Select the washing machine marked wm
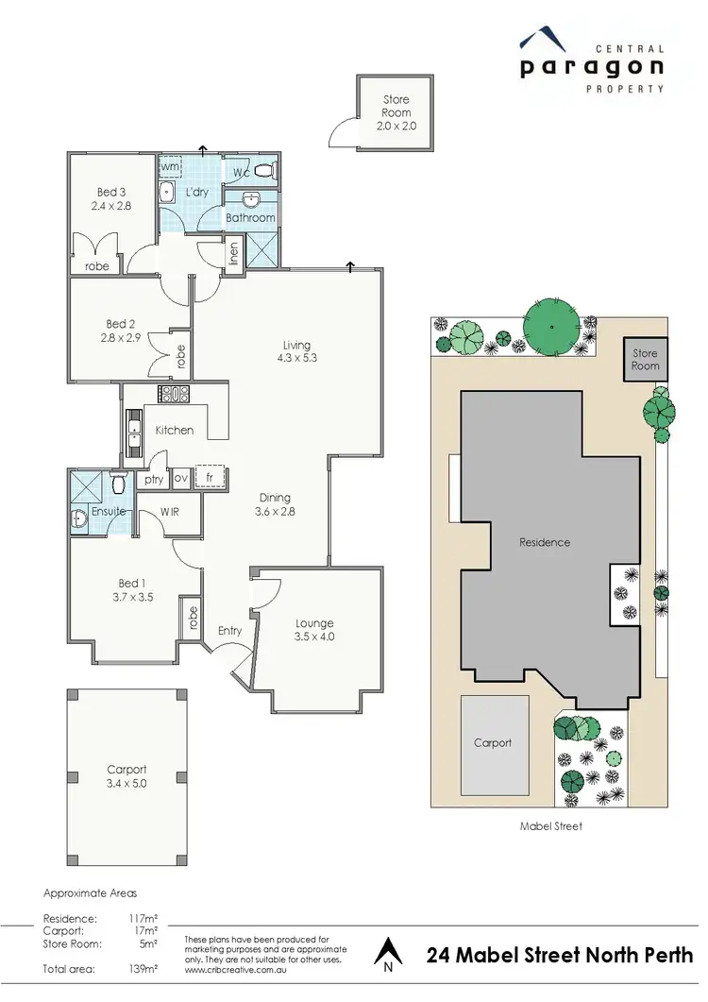pyautogui.click(x=170, y=167)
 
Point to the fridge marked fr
pyautogui.click(x=211, y=479)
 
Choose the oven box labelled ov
pyautogui.click(x=180, y=479)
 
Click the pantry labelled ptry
pyautogui.click(x=153, y=480)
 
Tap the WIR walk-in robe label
pyautogui.click(x=170, y=511)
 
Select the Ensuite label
pyautogui.click(x=109, y=511)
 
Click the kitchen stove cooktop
pyautogui.click(x=174, y=395)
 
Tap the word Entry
pyautogui.click(x=229, y=631)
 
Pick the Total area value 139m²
pyautogui.click(x=143, y=969)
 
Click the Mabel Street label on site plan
pyautogui.click(x=551, y=825)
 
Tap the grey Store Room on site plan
pyautogui.click(x=646, y=360)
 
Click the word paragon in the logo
pyautogui.click(x=591, y=67)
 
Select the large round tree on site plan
pyautogui.click(x=552, y=323)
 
